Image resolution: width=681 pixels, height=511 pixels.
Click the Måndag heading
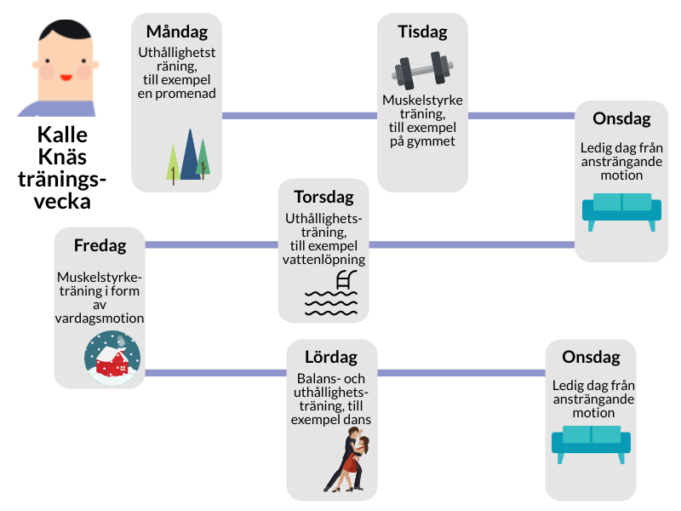[x=177, y=32]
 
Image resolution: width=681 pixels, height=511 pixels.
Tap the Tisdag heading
[x=422, y=32]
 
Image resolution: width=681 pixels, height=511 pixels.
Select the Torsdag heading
[x=323, y=197]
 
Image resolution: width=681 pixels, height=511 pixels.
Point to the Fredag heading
[x=100, y=246]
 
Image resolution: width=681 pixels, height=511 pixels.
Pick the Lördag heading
[x=331, y=357]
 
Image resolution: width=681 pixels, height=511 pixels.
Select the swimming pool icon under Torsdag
[x=332, y=295]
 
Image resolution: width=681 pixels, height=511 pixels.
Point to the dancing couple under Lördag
[x=350, y=461]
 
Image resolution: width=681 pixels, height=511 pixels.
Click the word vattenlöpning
[x=323, y=260]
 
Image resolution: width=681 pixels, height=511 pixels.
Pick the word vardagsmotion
[x=100, y=318]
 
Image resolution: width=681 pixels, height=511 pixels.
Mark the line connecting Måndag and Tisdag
[x=299, y=115]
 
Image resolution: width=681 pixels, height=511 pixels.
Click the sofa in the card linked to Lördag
[x=592, y=442]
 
